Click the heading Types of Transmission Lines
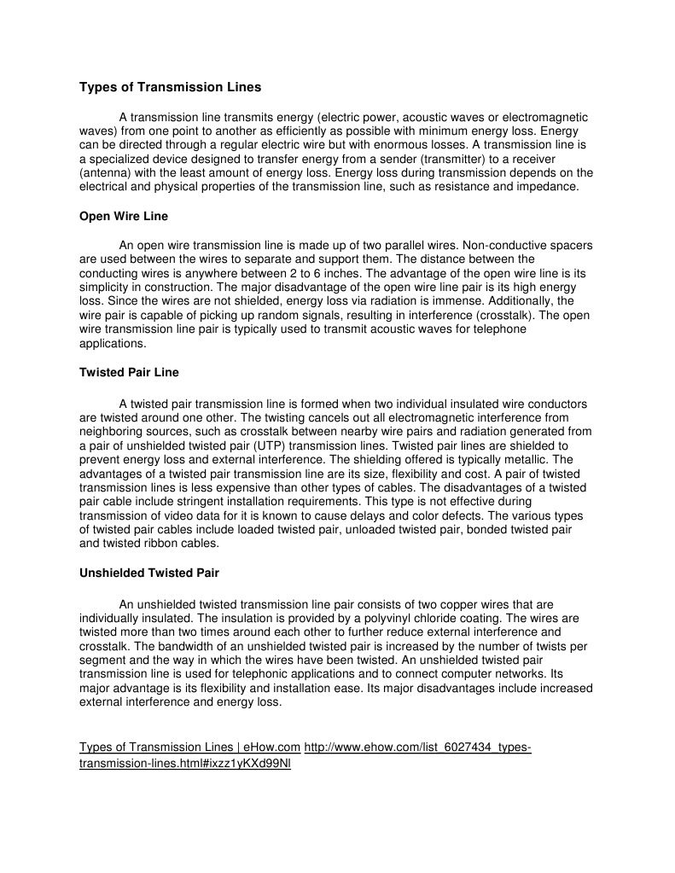pos(171,87)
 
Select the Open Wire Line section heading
pos(124,217)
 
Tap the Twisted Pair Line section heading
pos(129,373)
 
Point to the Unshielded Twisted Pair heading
pos(149,573)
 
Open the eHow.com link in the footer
pos(189,748)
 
